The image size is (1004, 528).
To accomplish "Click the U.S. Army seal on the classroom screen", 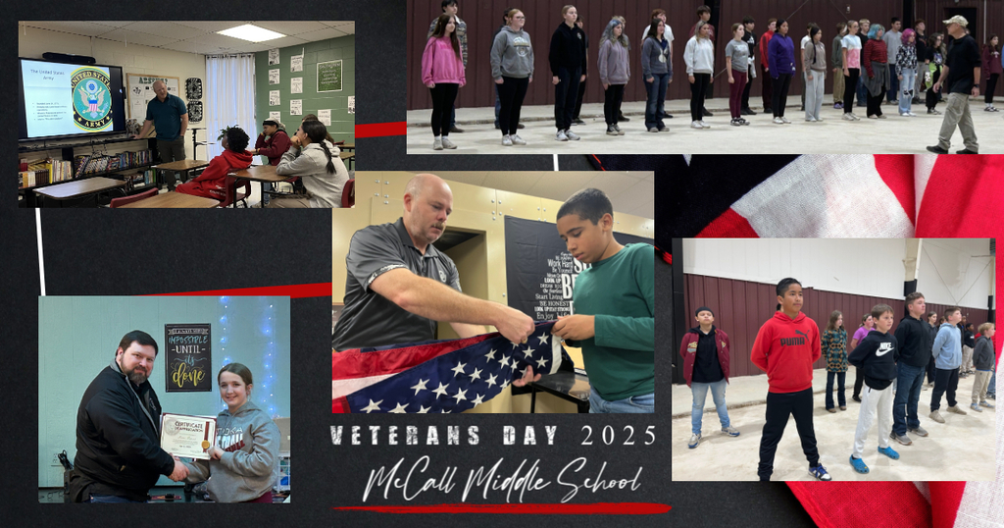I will pos(92,98).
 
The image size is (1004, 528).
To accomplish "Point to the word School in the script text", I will pos(598,480).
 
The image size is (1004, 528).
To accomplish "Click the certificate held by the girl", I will pos(186,436).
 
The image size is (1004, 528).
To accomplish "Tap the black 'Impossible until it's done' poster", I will pos(187,356).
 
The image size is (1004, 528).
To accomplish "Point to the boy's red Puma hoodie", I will pos(785,351).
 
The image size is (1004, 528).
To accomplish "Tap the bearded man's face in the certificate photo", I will pos(138,361).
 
